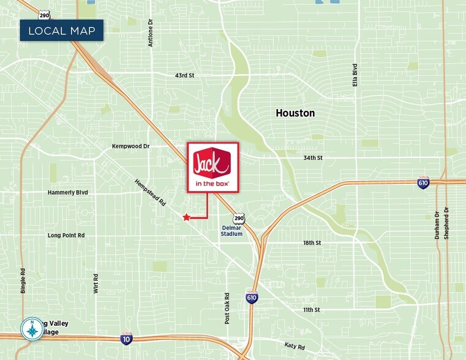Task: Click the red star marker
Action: pos(186,217)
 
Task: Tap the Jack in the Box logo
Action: pos(212,167)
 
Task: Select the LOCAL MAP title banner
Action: pos(61,31)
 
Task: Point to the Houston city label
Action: pos(295,113)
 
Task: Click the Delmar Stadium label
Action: pos(232,230)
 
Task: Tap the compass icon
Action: pos(31,329)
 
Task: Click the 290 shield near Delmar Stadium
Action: pos(239,218)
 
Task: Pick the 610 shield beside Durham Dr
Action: pos(423,183)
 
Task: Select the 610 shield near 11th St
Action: pos(252,298)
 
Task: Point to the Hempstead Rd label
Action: pos(151,192)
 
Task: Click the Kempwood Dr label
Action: pos(131,146)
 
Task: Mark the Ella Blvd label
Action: pos(355,75)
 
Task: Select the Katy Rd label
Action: pos(295,346)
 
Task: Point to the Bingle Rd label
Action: pos(23,281)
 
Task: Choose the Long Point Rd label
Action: pos(66,235)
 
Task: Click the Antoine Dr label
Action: pos(151,32)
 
